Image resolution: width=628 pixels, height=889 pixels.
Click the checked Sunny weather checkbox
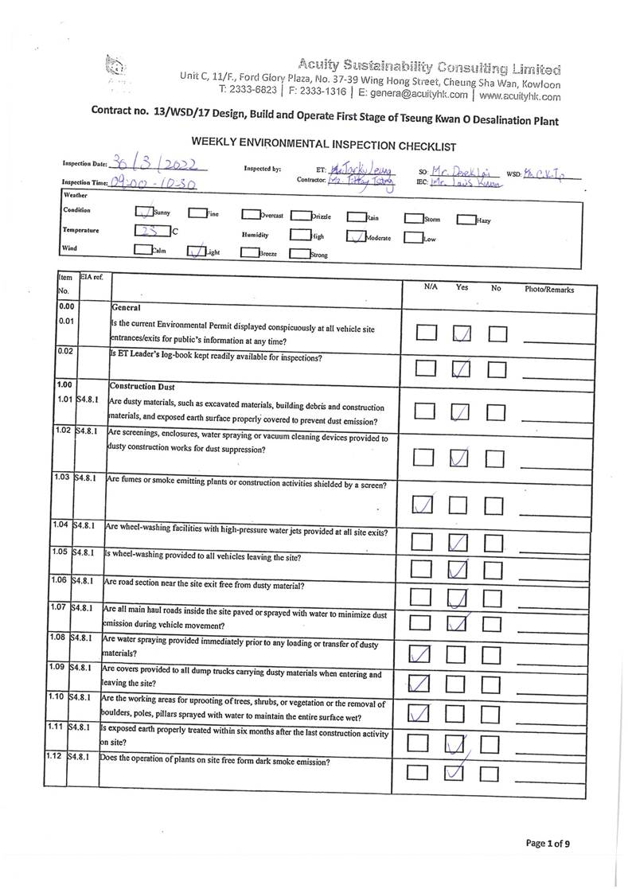[144, 212]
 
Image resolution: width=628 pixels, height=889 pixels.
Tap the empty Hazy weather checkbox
[466, 219]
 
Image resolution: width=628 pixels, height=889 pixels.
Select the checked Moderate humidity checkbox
[356, 236]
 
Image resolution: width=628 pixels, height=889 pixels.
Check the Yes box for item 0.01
[462, 333]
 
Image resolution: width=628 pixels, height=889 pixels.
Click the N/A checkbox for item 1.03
[424, 505]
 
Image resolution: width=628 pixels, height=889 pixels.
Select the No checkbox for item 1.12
[497, 771]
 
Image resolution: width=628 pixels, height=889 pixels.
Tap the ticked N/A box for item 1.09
[419, 682]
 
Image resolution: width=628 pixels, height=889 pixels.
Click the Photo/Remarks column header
[548, 290]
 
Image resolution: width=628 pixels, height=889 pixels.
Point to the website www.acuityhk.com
[520, 96]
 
